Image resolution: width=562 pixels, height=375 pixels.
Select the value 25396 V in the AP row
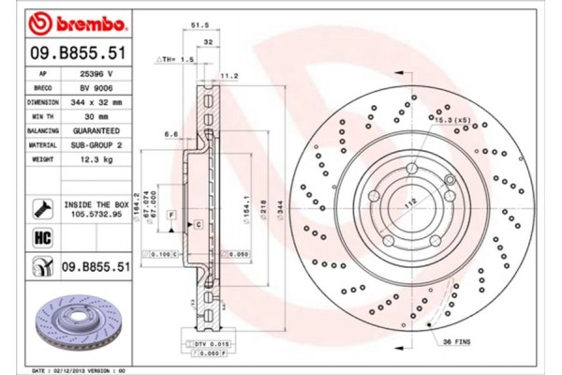98,71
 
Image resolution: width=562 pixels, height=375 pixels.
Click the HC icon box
42,237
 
